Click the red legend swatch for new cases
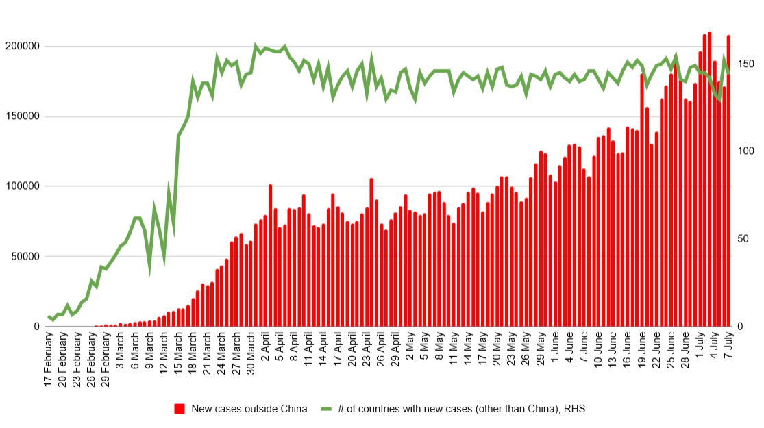[x=180, y=409]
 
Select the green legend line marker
[x=326, y=409]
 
